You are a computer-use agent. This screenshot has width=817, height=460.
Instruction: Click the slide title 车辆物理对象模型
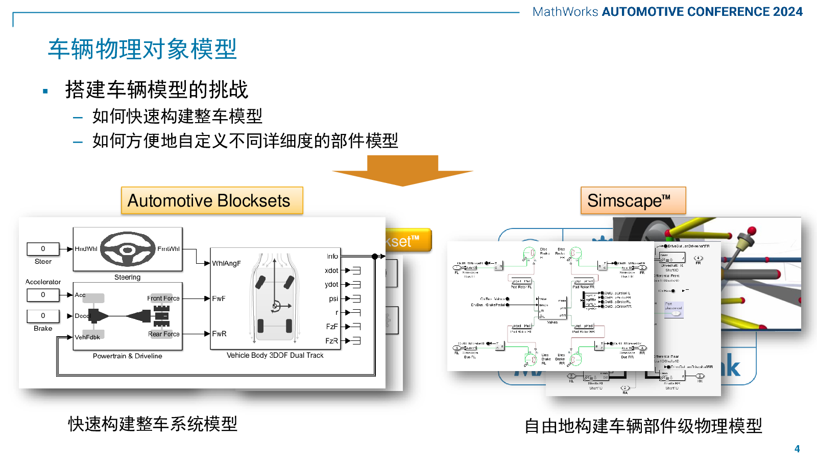tap(142, 49)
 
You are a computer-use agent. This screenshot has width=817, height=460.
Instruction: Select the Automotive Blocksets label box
tap(211, 200)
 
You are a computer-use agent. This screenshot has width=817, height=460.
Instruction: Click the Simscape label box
tap(633, 200)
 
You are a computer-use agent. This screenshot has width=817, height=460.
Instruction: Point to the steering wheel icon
tap(128, 249)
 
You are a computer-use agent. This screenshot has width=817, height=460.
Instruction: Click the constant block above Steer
tap(43, 249)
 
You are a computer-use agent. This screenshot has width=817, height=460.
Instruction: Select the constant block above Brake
tap(43, 316)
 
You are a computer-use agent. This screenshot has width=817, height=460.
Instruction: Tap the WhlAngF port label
tap(226, 264)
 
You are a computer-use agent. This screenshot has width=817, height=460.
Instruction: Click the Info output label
tap(332, 257)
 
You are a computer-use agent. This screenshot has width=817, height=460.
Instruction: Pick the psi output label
tap(333, 298)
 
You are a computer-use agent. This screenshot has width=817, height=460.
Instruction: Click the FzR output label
tap(331, 341)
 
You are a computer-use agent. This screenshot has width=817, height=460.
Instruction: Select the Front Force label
tap(163, 298)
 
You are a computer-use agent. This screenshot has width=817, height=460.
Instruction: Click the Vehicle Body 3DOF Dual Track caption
tap(275, 355)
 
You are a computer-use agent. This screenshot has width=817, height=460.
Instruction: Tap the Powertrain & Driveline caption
tap(127, 356)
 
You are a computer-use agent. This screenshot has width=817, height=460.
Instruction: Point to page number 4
tap(797, 449)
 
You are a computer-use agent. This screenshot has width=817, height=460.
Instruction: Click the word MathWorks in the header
tap(565, 12)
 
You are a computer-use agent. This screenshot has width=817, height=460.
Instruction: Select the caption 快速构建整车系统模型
tap(153, 424)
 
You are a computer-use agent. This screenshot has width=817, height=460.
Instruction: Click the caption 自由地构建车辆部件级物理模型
tap(643, 426)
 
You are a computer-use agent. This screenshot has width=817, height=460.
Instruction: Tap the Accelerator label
tap(43, 282)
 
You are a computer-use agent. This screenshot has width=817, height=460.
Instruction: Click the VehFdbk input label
tap(87, 337)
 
